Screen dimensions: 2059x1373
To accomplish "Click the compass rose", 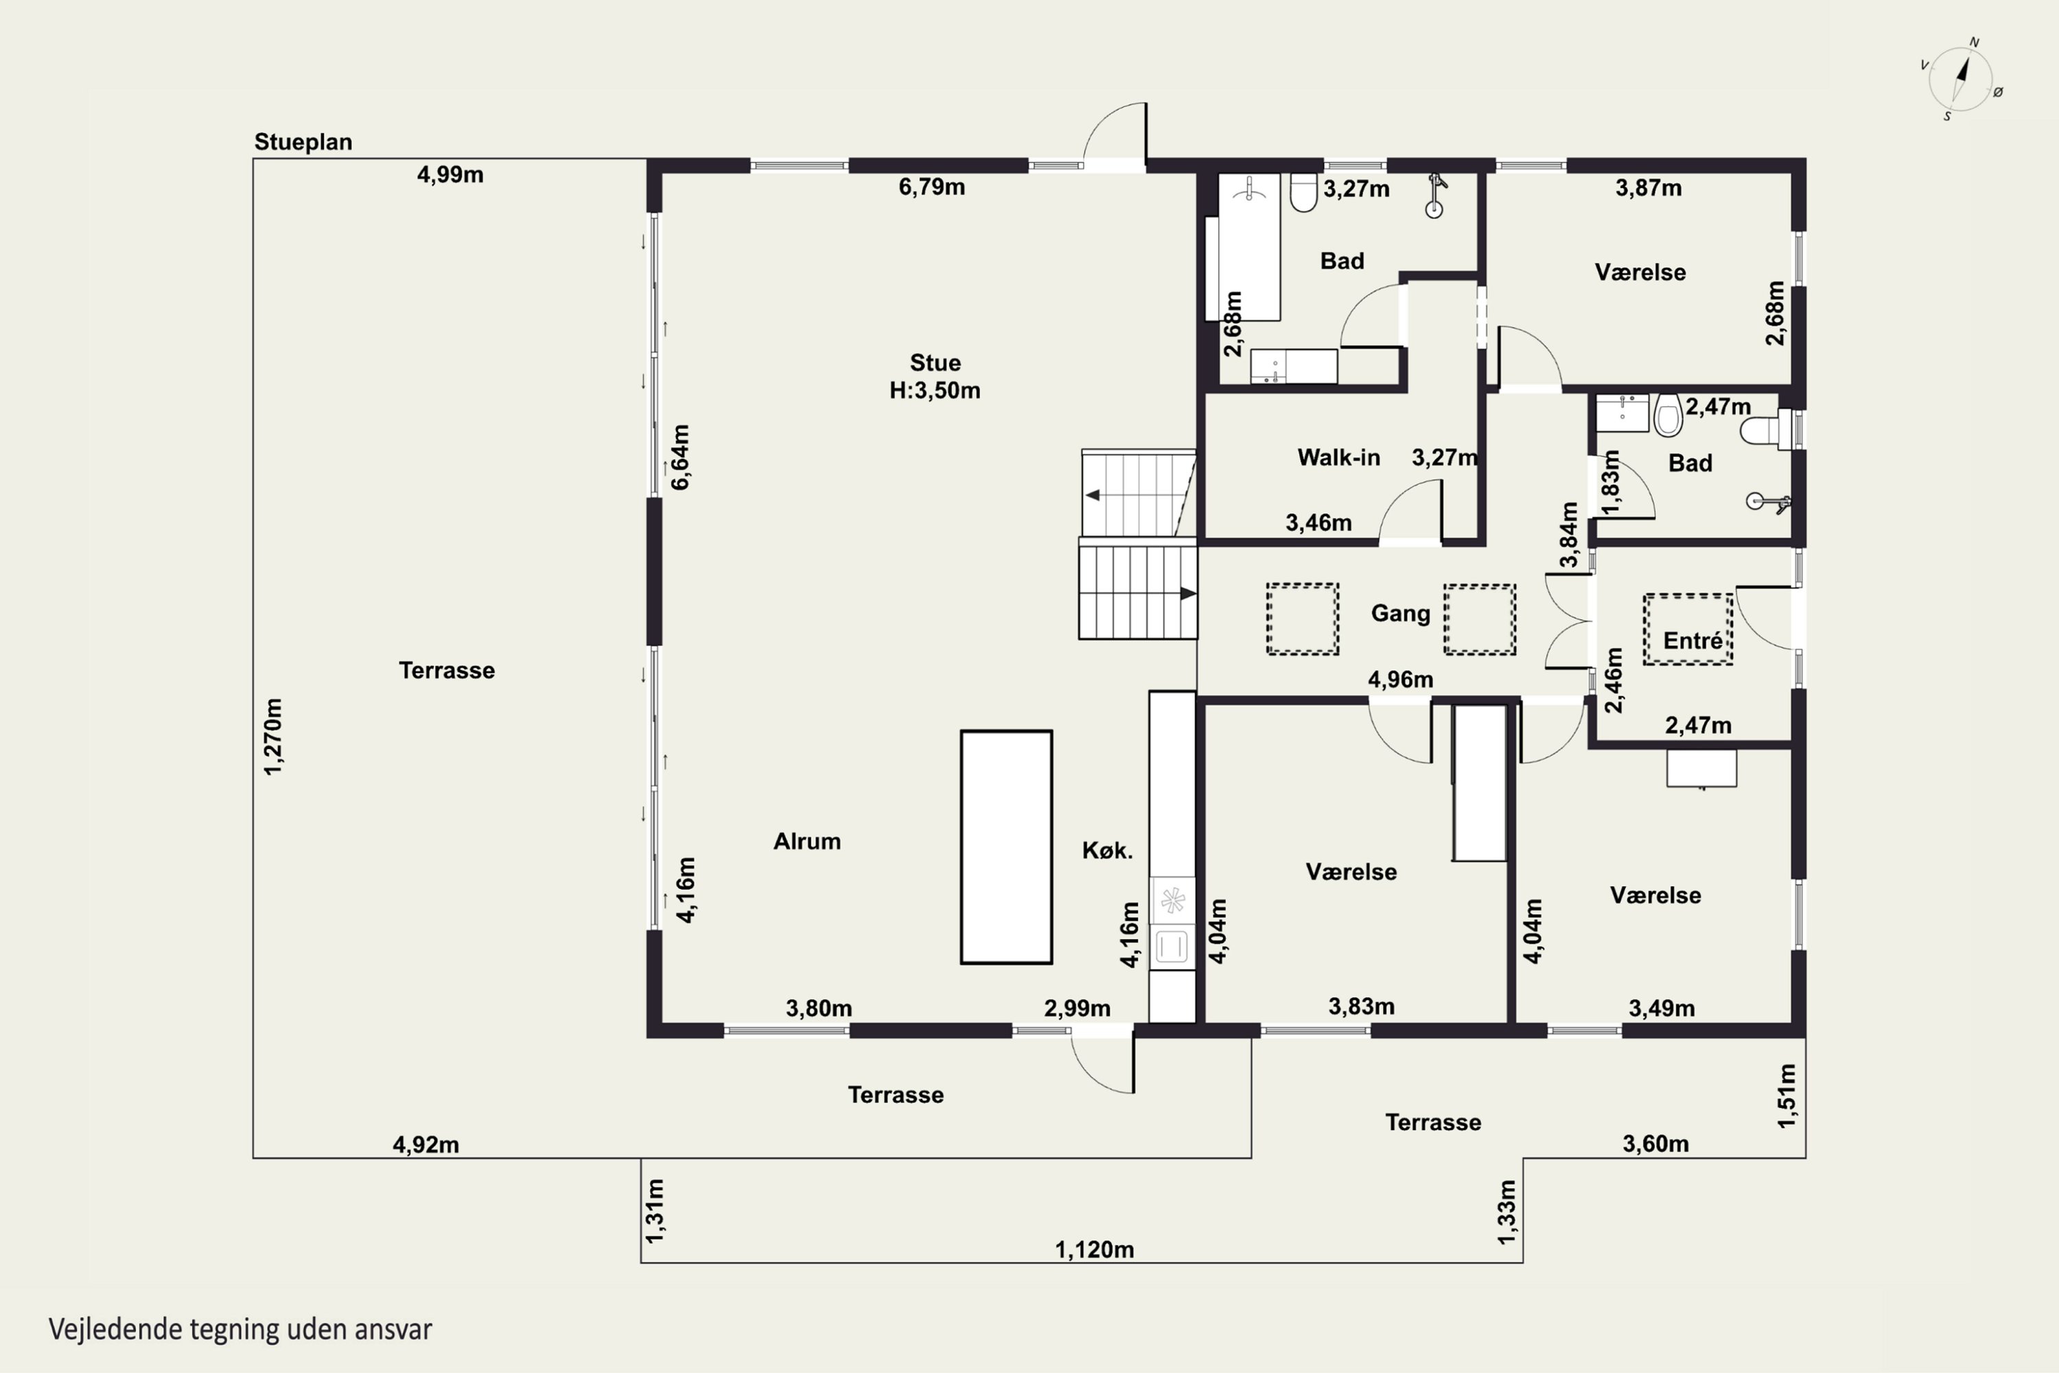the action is click(x=1961, y=80).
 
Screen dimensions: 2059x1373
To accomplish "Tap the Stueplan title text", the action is click(x=303, y=142).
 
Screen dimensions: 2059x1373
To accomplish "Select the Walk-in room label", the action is click(x=1338, y=457).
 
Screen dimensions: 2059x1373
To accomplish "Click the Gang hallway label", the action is click(x=1401, y=614).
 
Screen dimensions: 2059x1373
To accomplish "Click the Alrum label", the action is click(x=807, y=842).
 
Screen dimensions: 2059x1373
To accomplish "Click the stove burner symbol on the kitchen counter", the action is click(x=1172, y=900).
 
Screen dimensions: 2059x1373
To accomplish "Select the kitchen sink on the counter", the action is click(x=1172, y=947).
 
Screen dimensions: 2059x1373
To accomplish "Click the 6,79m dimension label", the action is click(x=931, y=187).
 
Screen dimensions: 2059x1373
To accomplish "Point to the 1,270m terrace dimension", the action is click(x=273, y=737).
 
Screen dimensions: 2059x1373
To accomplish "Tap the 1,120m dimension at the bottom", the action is click(x=1094, y=1249).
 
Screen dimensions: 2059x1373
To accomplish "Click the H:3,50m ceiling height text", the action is click(x=935, y=391).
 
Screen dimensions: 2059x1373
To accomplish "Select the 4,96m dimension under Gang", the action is click(x=1401, y=680).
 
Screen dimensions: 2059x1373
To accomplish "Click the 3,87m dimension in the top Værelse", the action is click(x=1649, y=187).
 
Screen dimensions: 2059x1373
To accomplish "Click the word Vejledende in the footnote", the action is click(x=115, y=1329).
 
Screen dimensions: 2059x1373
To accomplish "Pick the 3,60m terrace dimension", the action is click(x=1655, y=1144).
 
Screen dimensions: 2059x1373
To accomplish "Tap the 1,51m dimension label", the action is click(x=1787, y=1096).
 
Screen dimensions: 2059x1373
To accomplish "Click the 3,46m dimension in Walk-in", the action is click(x=1318, y=522).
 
